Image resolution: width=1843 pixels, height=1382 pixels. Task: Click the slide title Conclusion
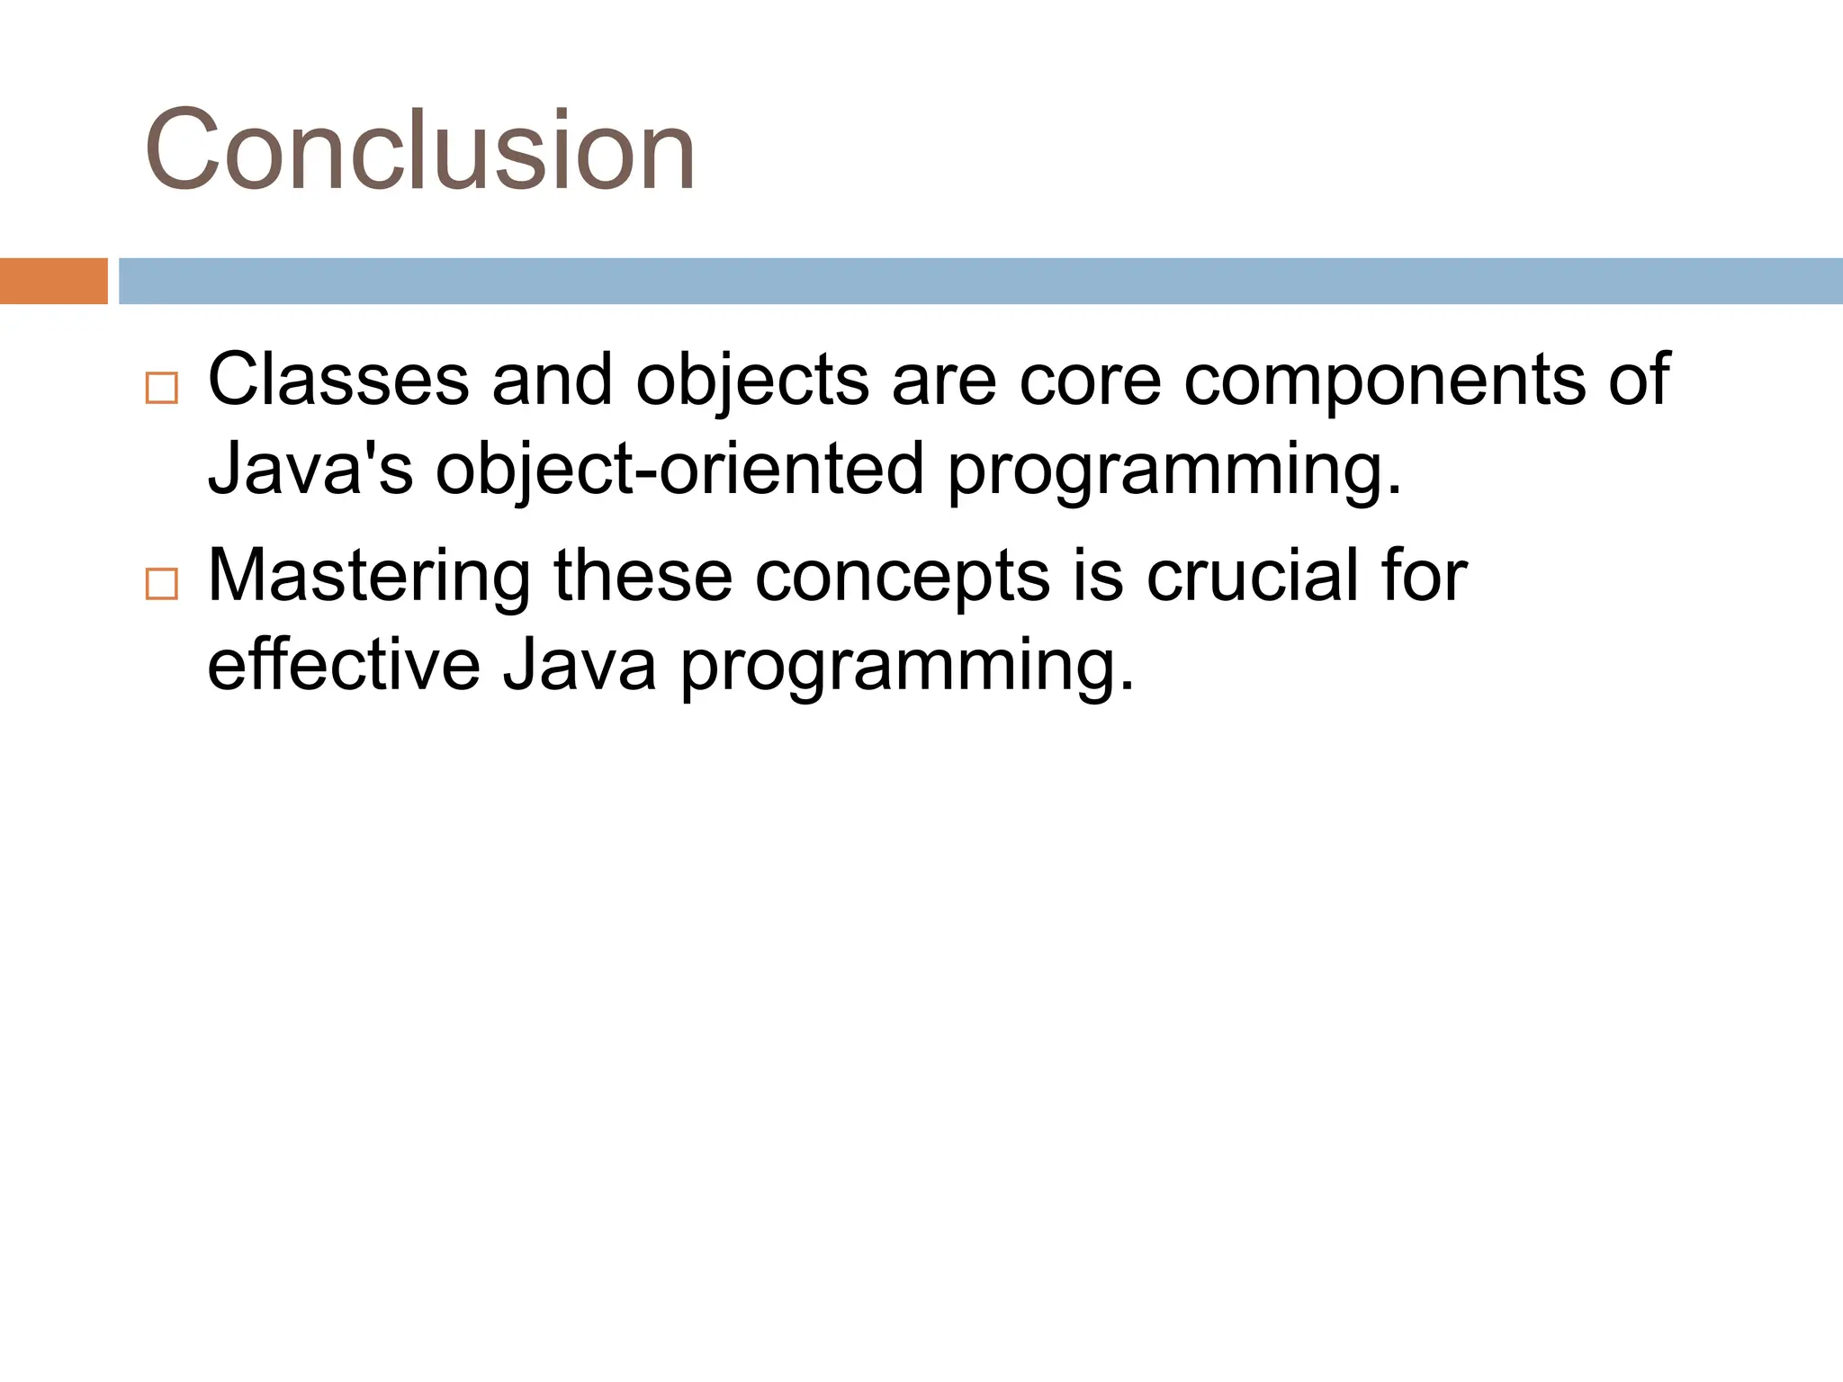(419, 150)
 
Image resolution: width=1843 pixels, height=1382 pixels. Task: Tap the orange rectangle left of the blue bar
(53, 281)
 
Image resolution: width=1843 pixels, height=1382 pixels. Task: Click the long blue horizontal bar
(979, 281)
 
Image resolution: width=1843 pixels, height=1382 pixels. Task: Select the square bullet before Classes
(161, 388)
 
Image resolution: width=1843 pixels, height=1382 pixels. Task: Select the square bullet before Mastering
(161, 584)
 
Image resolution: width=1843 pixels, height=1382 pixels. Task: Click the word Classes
(338, 380)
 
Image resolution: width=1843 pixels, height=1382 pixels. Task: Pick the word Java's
(310, 468)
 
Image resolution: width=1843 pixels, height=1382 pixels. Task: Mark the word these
(643, 576)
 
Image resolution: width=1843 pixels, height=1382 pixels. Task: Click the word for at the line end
(1424, 576)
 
